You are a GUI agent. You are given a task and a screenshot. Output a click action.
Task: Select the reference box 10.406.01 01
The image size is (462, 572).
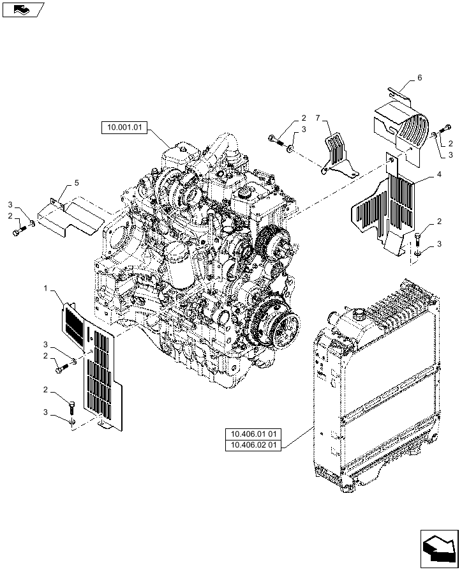[x=253, y=435]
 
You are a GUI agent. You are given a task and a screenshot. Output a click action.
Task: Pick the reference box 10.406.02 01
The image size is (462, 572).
[x=253, y=445]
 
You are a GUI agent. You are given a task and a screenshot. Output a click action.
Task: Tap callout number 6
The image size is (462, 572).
[x=419, y=77]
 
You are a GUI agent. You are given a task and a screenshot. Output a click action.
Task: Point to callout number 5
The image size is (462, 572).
[x=77, y=183]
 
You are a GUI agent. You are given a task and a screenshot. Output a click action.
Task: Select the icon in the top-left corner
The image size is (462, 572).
[x=22, y=10]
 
